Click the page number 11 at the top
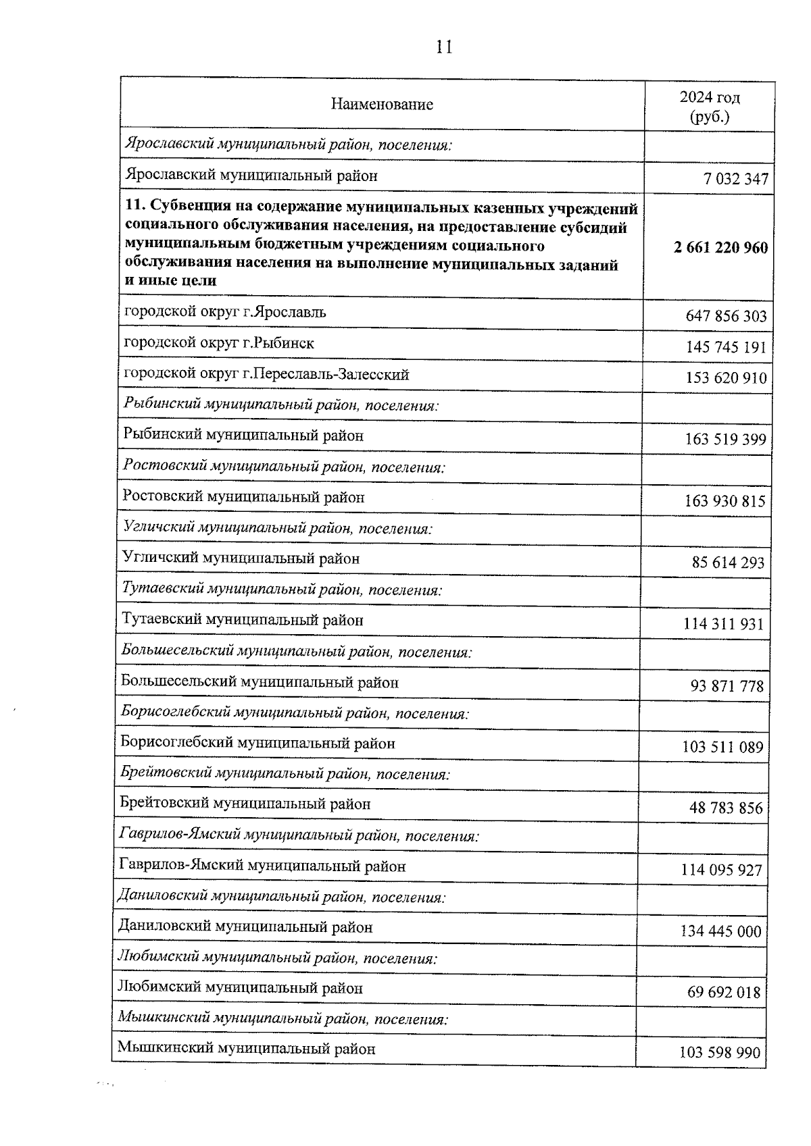443,47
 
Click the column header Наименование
382,105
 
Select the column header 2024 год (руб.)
710,107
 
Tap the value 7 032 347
735,180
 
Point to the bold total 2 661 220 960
720,248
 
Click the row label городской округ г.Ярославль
225,312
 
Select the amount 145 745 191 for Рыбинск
726,347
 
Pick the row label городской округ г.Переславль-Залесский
266,374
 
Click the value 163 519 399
725,440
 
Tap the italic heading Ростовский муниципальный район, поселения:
284,467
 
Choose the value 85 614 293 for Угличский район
728,563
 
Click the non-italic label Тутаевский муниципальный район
243,620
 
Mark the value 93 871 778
727,687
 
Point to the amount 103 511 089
722,748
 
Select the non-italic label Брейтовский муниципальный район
245,804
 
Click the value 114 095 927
721,870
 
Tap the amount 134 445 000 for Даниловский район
720,932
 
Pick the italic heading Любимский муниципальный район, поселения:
277,958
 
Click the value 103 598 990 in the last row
719,1053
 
